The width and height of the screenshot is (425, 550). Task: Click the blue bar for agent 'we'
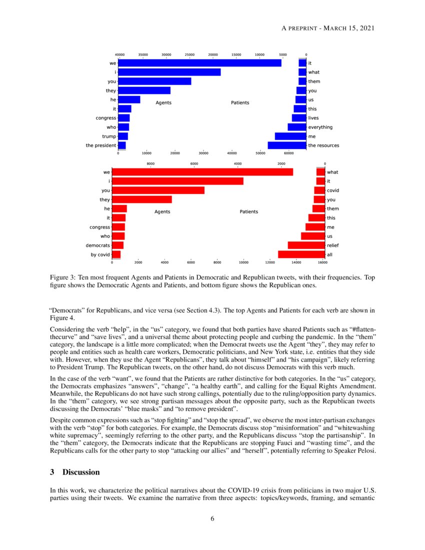click(x=200, y=63)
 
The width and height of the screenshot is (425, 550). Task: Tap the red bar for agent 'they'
click(x=142, y=199)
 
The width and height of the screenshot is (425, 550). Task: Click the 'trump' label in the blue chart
click(x=109, y=136)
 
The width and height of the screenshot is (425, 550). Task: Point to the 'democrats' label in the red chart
click(x=97, y=245)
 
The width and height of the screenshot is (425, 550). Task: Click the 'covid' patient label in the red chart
click(x=332, y=190)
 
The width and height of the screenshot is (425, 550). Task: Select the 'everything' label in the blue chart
click(x=320, y=127)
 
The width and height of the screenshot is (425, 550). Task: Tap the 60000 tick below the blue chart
click(x=289, y=154)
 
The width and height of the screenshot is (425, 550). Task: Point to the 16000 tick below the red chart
click(x=322, y=262)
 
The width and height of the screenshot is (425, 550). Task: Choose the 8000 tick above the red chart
click(x=150, y=163)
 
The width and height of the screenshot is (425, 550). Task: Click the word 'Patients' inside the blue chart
click(x=240, y=102)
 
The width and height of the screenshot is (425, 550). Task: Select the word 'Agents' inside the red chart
click(x=162, y=211)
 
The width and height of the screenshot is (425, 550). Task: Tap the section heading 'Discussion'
click(x=81, y=472)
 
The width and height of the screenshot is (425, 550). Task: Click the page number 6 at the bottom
click(x=212, y=518)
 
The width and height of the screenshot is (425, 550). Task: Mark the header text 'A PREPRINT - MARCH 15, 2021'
click(x=327, y=28)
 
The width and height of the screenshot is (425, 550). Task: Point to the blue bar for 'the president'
click(x=122, y=145)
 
